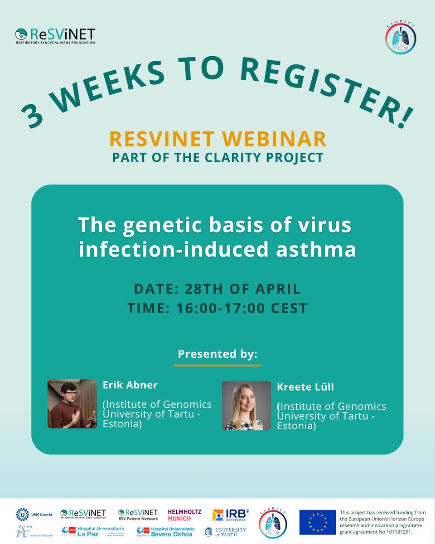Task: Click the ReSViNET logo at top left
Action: (x=55, y=36)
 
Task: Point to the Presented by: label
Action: (x=217, y=354)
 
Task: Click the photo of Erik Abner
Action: (x=72, y=404)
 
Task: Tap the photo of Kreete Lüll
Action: (x=246, y=405)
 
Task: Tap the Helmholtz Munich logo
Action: (x=184, y=515)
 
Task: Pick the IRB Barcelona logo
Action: (x=230, y=515)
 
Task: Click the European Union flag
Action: (x=317, y=522)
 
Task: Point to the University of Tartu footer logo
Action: (x=226, y=531)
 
